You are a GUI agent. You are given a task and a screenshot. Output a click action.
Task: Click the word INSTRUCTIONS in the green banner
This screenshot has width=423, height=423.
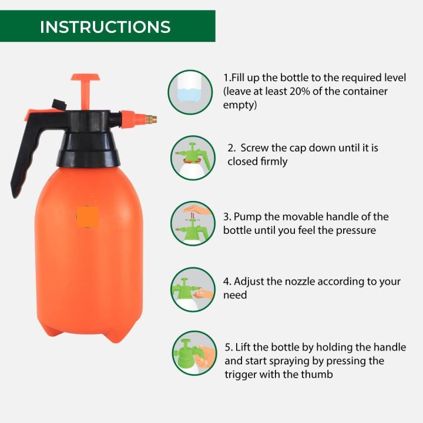pyautogui.click(x=105, y=26)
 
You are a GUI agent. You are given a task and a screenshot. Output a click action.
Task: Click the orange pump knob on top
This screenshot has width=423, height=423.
pyautogui.click(x=85, y=78)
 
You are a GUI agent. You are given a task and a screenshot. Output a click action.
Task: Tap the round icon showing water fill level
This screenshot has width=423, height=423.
pyautogui.click(x=191, y=91)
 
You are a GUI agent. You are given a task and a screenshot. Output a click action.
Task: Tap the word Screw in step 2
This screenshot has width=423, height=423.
pyautogui.click(x=254, y=148)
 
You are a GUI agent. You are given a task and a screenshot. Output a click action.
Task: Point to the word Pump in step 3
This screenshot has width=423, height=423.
pyautogui.click(x=248, y=217)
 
